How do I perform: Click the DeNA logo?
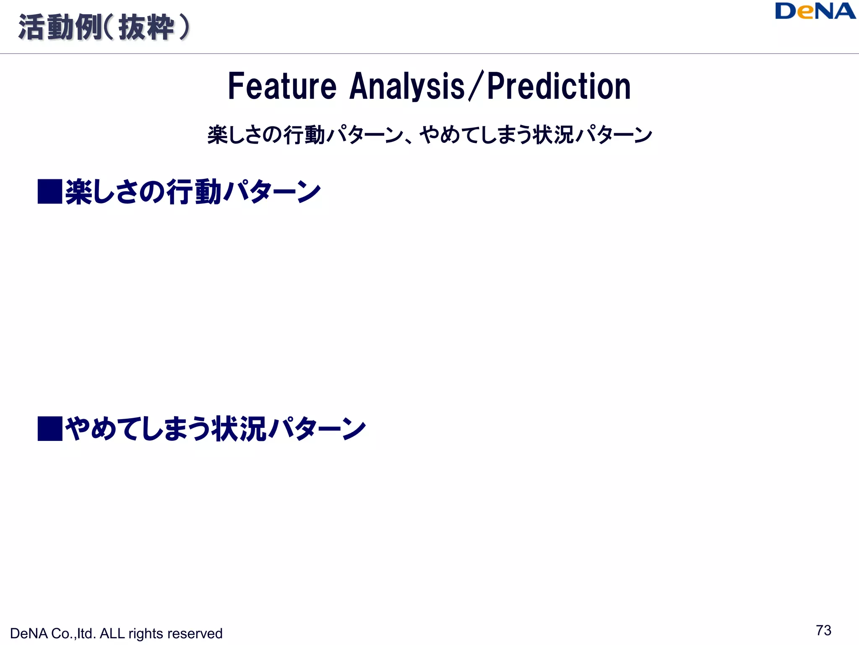coord(815,11)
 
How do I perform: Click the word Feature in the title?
coord(282,87)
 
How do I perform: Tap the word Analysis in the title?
coord(407,87)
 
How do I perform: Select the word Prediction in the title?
coord(559,87)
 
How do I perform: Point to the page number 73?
coord(823,630)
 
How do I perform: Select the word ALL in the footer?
coord(112,634)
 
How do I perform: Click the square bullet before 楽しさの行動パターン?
coord(50,191)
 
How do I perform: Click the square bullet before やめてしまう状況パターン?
coord(50,428)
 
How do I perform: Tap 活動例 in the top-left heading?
coord(60,28)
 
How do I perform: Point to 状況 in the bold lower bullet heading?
coord(238,429)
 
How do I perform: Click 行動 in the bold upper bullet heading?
coord(194,192)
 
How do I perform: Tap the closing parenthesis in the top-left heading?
coord(184,28)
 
